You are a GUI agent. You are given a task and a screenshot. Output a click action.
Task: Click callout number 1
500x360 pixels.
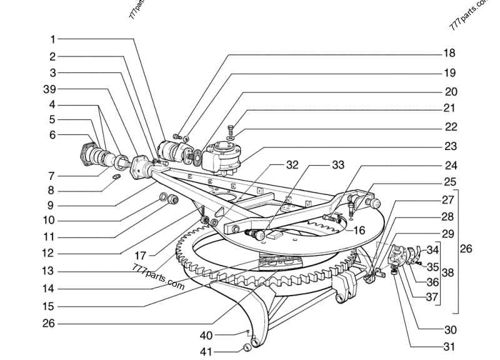tap(53, 39)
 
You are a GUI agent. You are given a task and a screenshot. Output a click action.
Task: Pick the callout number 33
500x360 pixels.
tap(337, 166)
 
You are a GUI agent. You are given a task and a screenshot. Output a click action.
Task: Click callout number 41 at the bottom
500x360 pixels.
tap(207, 352)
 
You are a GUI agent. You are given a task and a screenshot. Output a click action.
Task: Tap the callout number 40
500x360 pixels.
tap(207, 334)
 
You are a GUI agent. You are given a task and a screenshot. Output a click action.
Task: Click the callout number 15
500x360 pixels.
tap(48, 306)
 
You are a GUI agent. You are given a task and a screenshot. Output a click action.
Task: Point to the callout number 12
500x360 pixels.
tap(48, 254)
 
